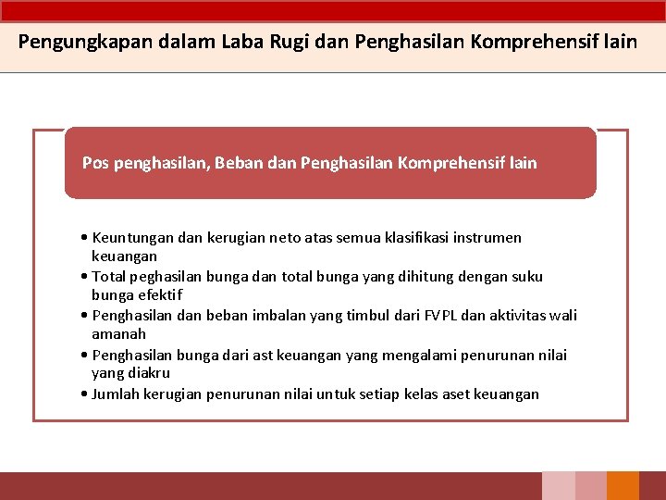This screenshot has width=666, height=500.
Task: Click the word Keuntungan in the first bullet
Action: point(132,238)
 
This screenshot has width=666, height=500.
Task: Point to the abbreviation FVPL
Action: point(436,316)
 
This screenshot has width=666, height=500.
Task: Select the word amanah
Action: point(118,334)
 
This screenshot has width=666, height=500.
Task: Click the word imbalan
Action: point(253,316)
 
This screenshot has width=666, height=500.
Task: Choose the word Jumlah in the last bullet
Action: point(118,394)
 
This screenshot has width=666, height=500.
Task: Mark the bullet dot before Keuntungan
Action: point(84,238)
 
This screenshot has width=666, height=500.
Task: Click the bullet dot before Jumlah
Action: point(84,394)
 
